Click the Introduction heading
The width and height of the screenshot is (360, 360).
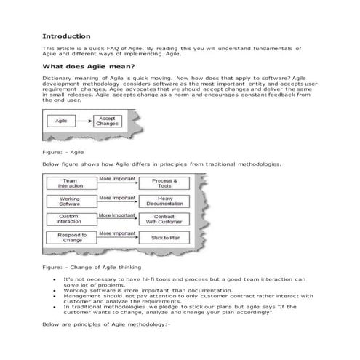coord(66,36)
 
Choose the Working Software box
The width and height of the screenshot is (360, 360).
coord(71,201)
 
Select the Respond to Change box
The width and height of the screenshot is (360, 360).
coord(71,237)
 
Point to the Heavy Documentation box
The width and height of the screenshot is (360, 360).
coord(166,201)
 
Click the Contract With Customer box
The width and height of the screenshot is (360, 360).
coord(166,219)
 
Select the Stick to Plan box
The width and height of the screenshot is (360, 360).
coord(166,237)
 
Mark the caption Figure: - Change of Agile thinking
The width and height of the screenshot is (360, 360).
coord(92,268)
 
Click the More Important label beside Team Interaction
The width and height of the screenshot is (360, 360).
coord(117,178)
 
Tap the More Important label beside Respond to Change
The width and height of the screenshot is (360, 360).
coord(117,233)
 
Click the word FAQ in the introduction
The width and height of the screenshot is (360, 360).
coord(113,47)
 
